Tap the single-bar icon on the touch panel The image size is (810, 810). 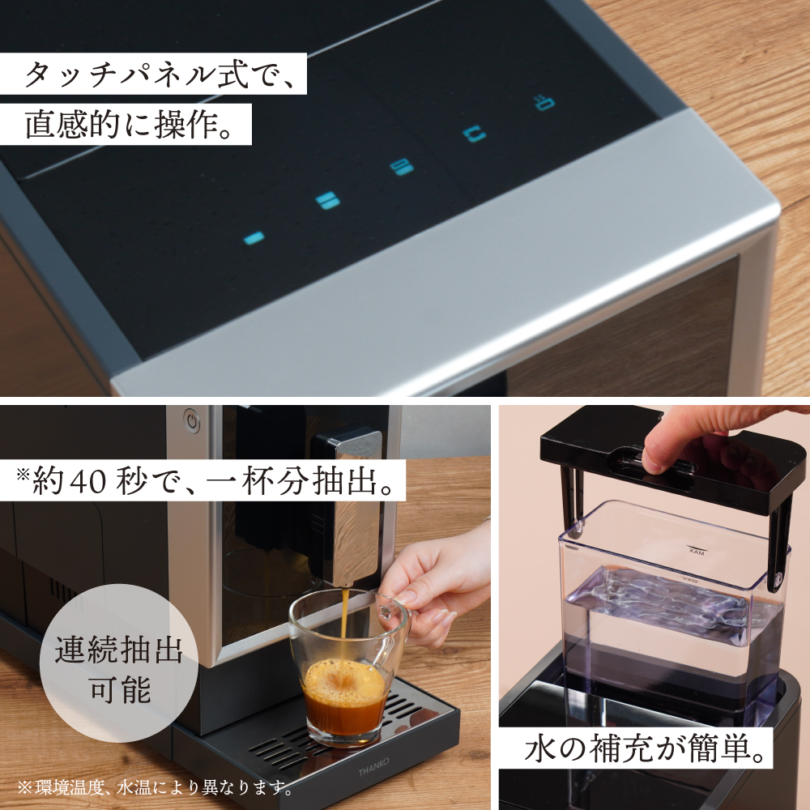point(254,237)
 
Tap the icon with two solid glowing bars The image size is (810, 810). point(327,200)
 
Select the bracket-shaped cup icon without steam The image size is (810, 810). point(475,134)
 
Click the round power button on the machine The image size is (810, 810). point(191,420)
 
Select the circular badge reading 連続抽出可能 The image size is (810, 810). point(118,668)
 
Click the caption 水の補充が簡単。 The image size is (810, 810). point(645,749)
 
